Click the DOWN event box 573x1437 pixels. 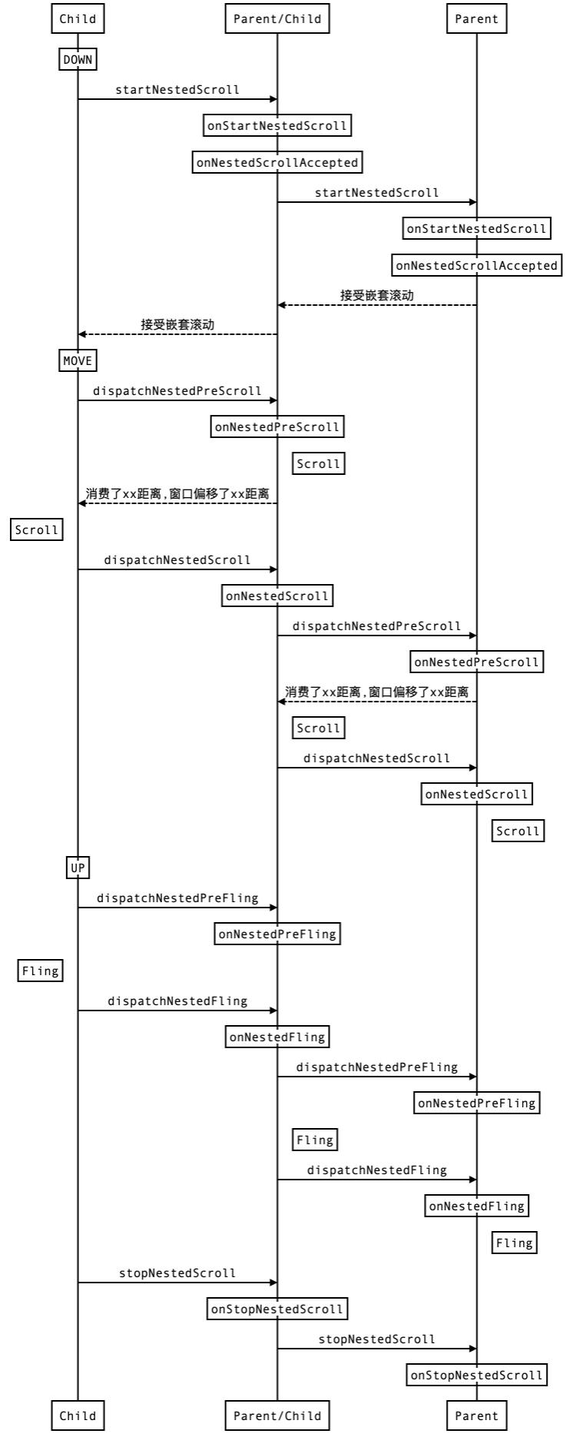pos(78,60)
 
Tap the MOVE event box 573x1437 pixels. pos(78,360)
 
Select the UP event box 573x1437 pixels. pos(78,868)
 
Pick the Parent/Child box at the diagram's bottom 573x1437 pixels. pos(277,1415)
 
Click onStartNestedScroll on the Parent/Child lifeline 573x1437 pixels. pos(277,125)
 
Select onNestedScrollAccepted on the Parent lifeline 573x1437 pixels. pos(476,266)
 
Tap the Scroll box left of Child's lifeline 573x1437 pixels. pos(37,529)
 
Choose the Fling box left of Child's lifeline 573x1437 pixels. pos(41,971)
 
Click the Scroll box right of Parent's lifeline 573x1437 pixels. pos(518,831)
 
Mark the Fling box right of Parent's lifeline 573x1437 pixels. pos(515,1243)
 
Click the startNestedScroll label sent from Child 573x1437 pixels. pos(177,90)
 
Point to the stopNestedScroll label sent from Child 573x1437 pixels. pos(177,1273)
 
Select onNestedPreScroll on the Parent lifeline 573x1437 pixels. pos(476,662)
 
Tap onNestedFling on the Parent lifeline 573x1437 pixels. pos(476,1206)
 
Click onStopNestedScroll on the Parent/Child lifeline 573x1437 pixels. pos(277,1309)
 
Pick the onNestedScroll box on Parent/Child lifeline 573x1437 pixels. pos(277,596)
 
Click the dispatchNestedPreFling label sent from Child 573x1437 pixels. pos(177,898)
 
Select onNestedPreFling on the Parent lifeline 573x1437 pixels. pos(476,1103)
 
